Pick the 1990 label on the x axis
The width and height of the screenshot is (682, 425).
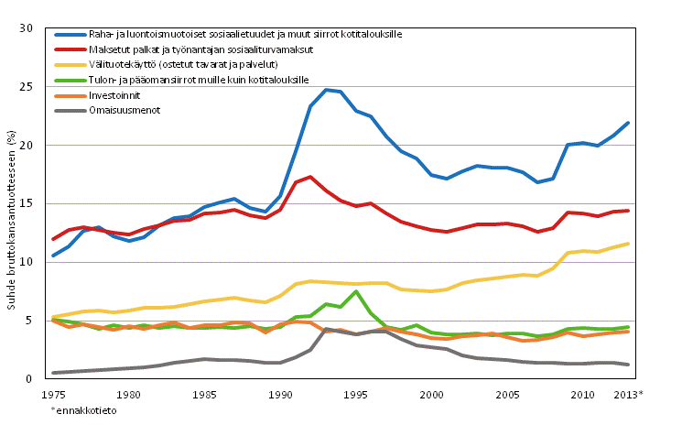tap(280, 395)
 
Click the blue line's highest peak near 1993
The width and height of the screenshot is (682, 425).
tap(326, 90)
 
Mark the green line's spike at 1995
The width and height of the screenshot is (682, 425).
tap(356, 291)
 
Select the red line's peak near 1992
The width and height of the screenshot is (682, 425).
tap(310, 177)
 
